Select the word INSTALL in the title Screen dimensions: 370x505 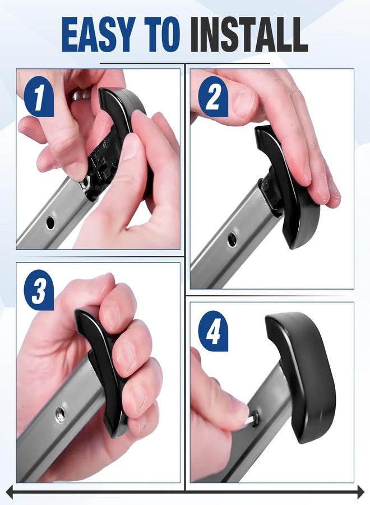(249, 34)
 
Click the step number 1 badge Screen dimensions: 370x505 (39, 97)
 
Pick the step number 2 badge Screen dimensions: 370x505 (212, 97)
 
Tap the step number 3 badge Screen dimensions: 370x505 (39, 290)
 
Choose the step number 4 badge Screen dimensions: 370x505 (212, 330)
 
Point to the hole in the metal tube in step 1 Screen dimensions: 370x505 (50, 222)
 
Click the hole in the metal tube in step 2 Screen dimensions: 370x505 (232, 239)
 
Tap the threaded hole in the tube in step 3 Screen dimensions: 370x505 (60, 412)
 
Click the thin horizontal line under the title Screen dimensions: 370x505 (184, 63)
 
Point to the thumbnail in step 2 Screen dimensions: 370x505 (244, 103)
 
